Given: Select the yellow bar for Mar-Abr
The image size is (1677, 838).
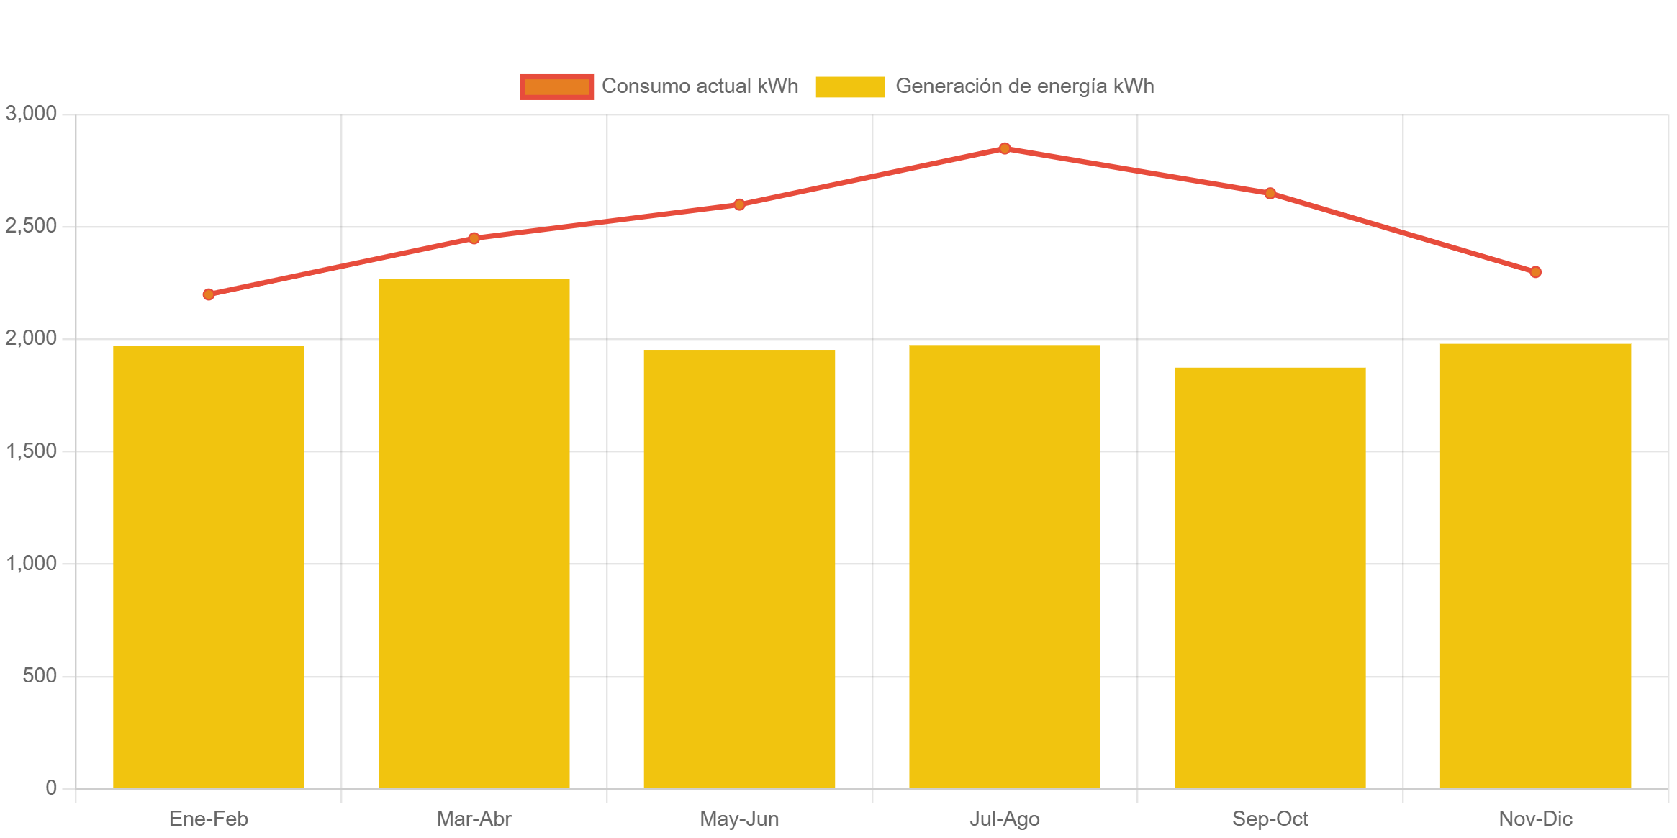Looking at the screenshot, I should point(474,533).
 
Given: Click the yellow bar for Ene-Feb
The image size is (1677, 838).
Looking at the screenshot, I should point(209,567).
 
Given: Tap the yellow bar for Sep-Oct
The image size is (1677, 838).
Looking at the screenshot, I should point(1270,577).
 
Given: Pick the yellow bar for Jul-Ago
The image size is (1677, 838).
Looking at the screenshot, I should point(1004,567).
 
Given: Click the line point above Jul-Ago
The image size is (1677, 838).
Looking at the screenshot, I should point(1005,148).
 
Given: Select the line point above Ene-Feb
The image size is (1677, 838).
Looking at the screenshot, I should point(209,294).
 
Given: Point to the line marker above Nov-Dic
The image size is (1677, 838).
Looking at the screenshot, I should point(1535,272).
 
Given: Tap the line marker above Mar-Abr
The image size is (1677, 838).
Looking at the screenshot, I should point(474,238).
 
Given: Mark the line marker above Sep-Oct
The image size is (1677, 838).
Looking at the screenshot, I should point(1270,193).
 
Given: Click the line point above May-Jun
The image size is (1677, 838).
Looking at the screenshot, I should point(739,204).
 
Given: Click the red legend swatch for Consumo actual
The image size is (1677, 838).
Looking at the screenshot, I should point(556,86).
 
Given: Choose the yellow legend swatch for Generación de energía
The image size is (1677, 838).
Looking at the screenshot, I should point(850,86).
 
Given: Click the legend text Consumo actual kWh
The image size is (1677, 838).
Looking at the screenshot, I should point(700,86).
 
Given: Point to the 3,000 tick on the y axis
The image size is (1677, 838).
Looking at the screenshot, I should point(31,113).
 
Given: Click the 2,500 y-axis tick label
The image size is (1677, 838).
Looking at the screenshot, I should point(31,226).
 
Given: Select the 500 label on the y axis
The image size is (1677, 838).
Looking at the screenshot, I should point(40,675).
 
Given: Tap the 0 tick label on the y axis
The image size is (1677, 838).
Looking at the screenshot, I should point(51,788).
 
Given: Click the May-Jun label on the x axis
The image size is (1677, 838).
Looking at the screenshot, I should point(739,819).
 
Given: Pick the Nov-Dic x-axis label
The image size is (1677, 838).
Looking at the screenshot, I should point(1535,819).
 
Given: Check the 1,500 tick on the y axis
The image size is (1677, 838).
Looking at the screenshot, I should point(31,451).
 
